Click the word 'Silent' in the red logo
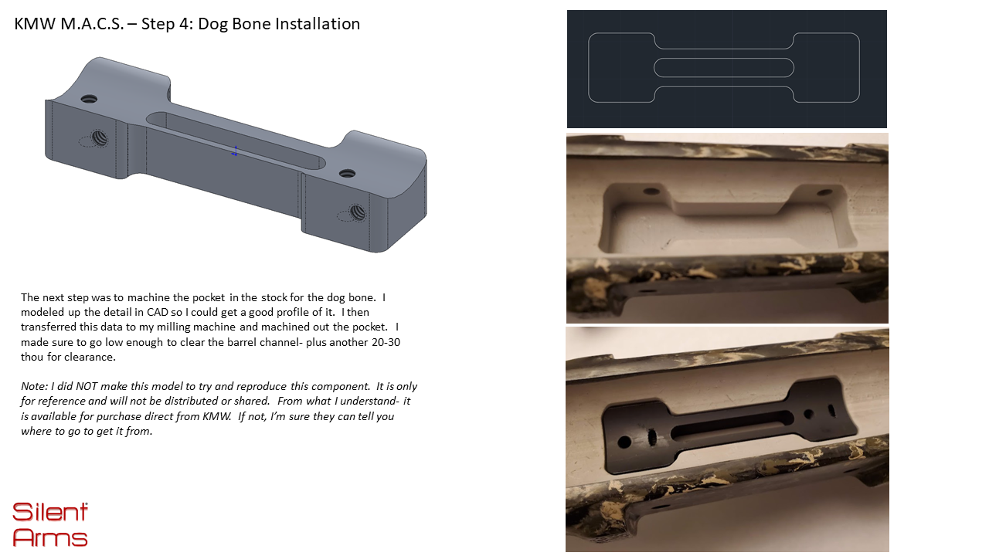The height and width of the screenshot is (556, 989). [x=50, y=512]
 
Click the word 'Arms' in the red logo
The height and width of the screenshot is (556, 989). [x=50, y=537]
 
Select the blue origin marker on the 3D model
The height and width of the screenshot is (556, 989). [x=235, y=151]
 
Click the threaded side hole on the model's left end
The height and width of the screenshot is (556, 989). [x=98, y=137]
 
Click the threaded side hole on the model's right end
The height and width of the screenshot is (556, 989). [x=357, y=212]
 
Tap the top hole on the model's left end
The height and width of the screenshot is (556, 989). [x=89, y=98]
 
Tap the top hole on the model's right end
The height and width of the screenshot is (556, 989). [x=347, y=173]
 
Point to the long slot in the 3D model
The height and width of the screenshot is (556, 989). [x=236, y=141]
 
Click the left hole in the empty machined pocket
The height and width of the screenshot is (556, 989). [x=651, y=192]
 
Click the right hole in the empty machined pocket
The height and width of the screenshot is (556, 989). [x=824, y=192]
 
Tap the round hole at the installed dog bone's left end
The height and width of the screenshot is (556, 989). [x=624, y=442]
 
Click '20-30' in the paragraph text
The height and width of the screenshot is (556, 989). [x=386, y=342]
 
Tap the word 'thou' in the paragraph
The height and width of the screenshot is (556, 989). [x=32, y=357]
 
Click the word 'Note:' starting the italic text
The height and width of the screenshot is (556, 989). [x=34, y=387]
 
